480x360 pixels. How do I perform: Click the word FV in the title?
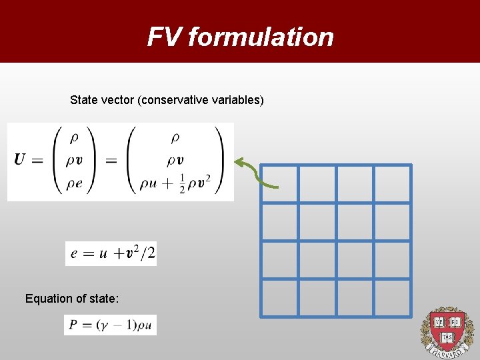(164, 37)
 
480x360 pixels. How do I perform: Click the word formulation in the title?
(260, 37)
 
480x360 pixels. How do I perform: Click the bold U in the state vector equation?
(19, 161)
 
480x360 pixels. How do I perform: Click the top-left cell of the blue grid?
(279, 183)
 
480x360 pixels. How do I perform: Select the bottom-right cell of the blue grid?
(393, 298)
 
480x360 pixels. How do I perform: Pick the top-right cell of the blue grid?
(393, 183)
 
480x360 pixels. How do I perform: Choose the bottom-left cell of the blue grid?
(279, 298)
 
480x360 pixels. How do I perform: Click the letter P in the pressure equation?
(72, 325)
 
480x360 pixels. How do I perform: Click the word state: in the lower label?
(104, 299)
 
